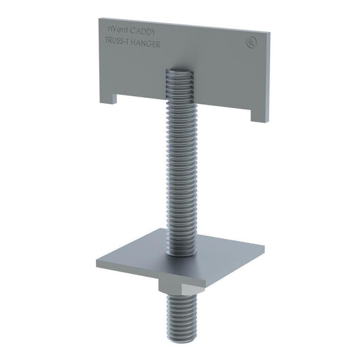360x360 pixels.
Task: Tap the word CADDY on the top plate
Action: [147, 32]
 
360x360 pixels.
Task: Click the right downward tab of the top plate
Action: [260, 114]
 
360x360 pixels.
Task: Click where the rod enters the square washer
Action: [181, 250]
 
